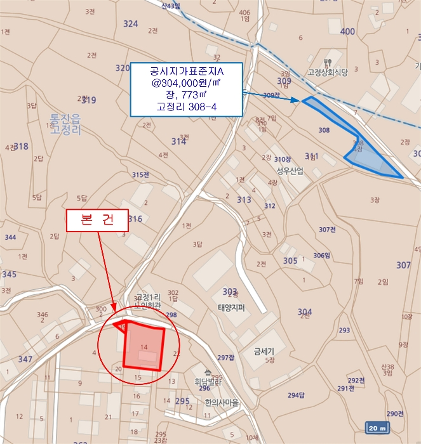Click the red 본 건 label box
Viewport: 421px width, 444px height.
click(98, 219)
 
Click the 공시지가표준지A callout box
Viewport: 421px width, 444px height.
click(187, 89)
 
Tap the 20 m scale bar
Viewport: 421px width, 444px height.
click(378, 428)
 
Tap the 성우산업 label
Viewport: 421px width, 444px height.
click(290, 171)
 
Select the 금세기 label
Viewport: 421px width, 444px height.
click(264, 350)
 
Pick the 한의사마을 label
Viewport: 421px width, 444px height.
click(222, 402)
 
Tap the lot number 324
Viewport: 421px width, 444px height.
click(130, 24)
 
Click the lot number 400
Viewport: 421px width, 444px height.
click(347, 31)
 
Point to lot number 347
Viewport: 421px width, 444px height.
click(25, 360)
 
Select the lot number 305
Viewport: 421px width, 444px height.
click(290, 261)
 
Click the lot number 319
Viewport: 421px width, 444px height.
click(89, 100)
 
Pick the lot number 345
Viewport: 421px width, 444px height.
click(9, 275)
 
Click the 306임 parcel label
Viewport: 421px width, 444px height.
click(322, 256)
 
